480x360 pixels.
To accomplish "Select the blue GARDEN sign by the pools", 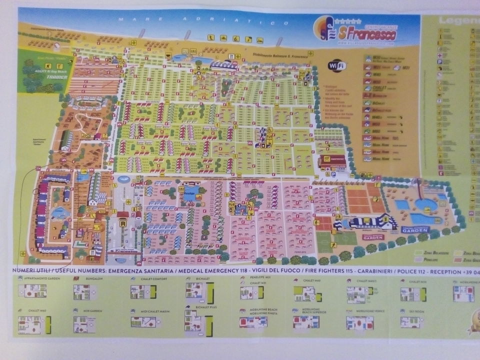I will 414,229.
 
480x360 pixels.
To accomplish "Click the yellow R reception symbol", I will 122,224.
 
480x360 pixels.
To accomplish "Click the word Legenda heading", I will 458,21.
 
